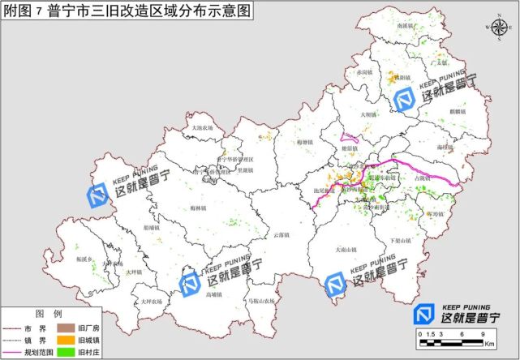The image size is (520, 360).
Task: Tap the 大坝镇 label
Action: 367,115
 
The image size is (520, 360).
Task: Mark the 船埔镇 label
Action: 152,228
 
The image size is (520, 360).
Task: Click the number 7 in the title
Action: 37,11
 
